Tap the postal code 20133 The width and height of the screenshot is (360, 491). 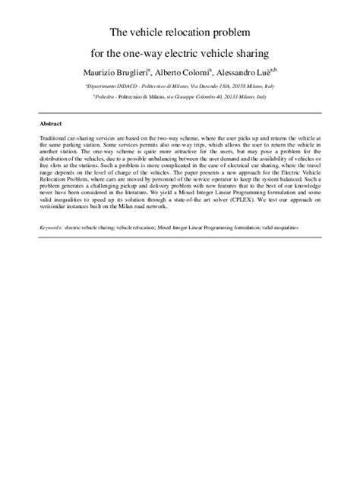(x=233, y=97)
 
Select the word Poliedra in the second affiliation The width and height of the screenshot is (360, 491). (x=106, y=97)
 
